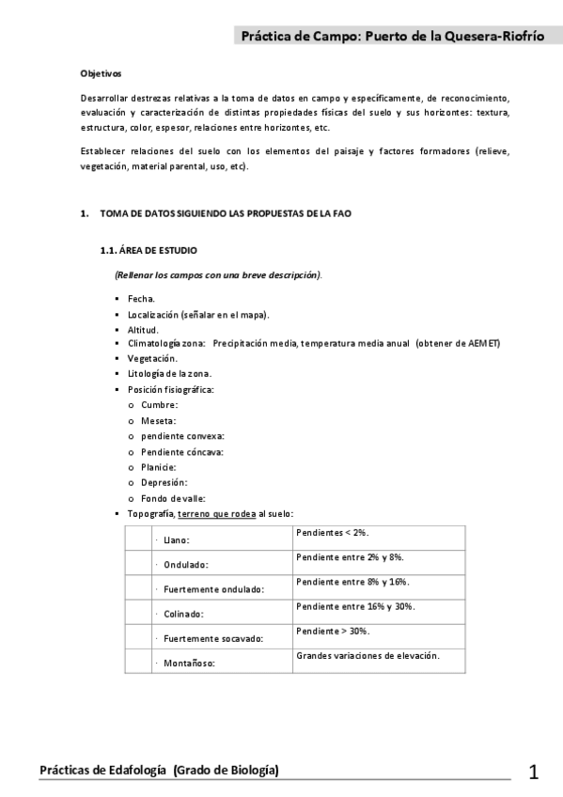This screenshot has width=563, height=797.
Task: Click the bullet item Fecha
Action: (142, 298)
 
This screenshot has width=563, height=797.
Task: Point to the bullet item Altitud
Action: (144, 330)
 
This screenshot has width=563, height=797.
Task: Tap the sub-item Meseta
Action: (159, 420)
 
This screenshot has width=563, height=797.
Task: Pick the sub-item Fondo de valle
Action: (173, 498)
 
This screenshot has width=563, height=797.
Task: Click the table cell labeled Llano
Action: (177, 541)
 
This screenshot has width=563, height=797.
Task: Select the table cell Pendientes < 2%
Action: (331, 532)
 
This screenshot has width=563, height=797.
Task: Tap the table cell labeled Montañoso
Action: (190, 664)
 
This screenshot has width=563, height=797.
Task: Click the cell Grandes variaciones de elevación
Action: (368, 655)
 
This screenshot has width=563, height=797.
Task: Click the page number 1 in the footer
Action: (534, 774)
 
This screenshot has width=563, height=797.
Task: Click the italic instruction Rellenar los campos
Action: (217, 274)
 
